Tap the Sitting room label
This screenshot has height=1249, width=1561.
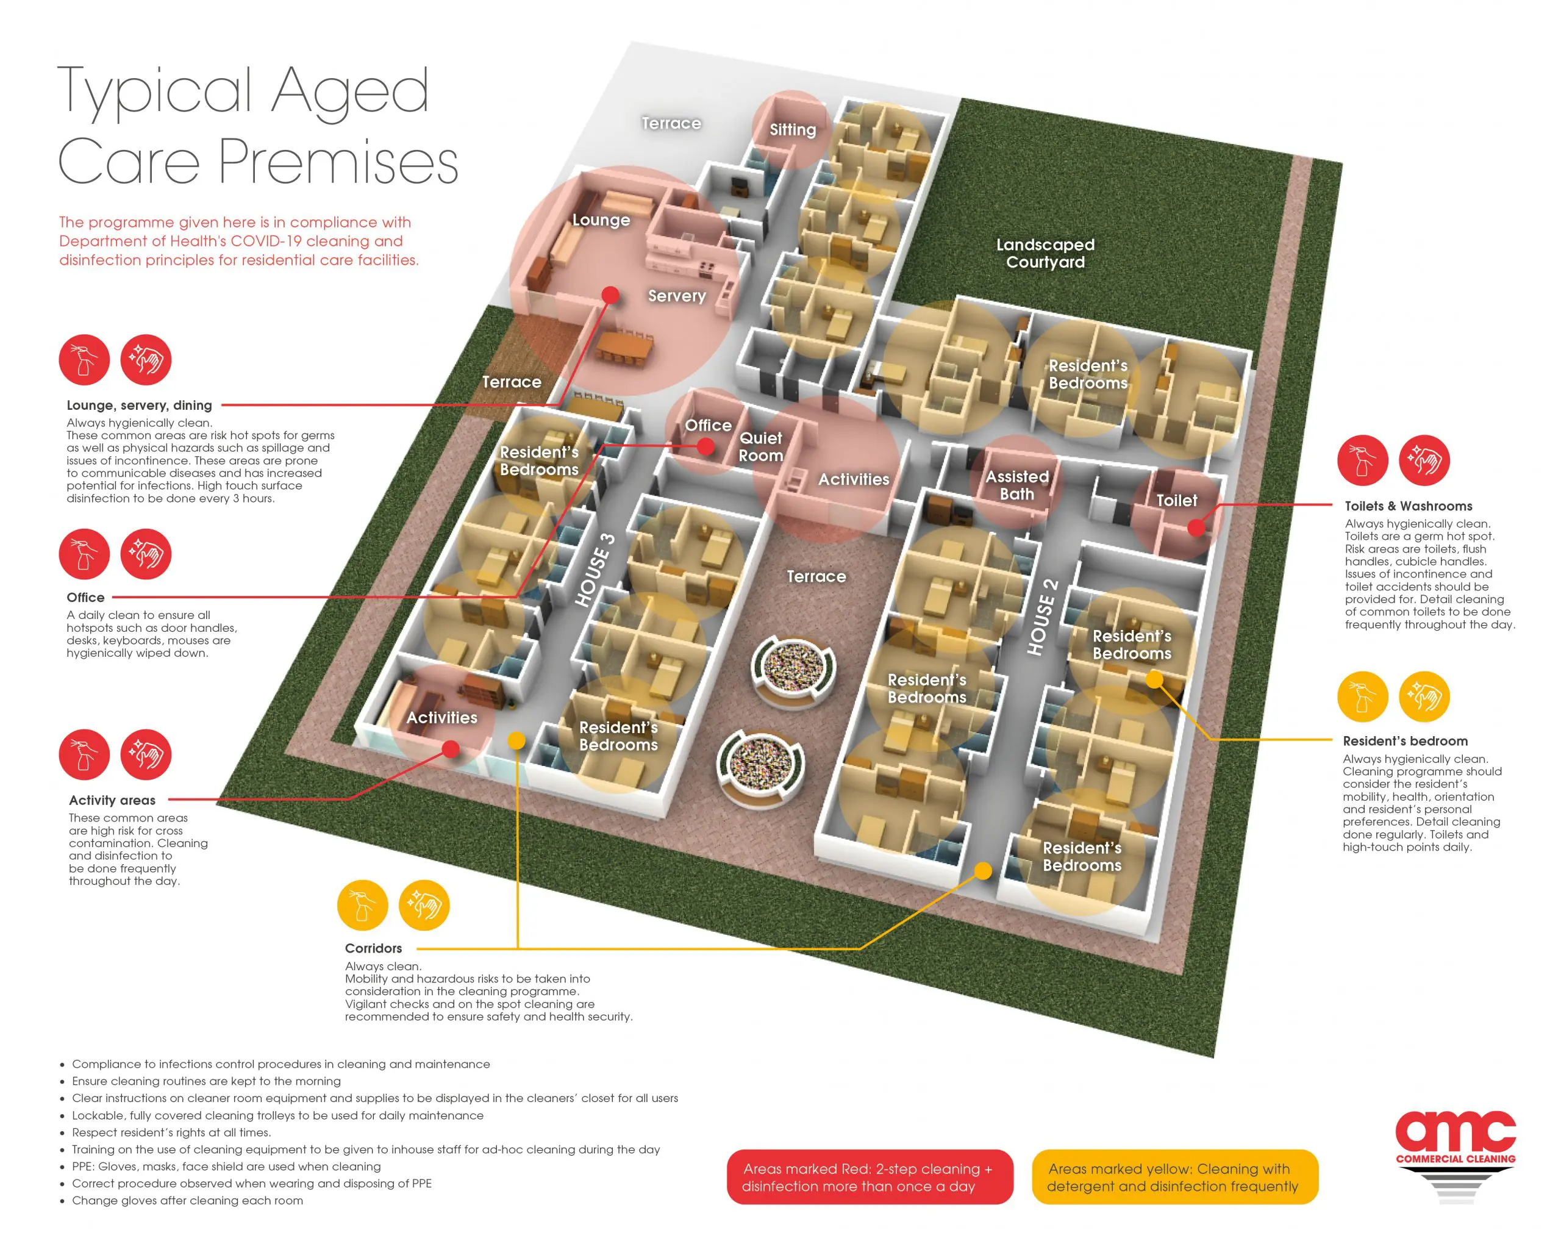click(x=792, y=130)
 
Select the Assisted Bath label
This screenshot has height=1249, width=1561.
click(x=1016, y=485)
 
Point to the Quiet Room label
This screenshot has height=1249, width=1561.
click(x=760, y=447)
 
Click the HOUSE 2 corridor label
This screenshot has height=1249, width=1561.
click(x=1043, y=618)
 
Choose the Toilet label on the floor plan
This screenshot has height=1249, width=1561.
click(x=1176, y=500)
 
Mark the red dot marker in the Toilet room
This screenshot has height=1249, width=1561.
click(x=1196, y=528)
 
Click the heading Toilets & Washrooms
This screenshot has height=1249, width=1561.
click(x=1408, y=506)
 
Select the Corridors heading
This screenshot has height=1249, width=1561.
click(x=373, y=948)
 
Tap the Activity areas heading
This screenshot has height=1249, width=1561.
click(x=112, y=800)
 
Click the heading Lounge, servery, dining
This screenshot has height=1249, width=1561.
click(x=139, y=406)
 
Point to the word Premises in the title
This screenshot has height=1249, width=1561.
click(x=338, y=163)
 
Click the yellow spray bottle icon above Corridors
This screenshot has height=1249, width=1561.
click(x=363, y=905)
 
